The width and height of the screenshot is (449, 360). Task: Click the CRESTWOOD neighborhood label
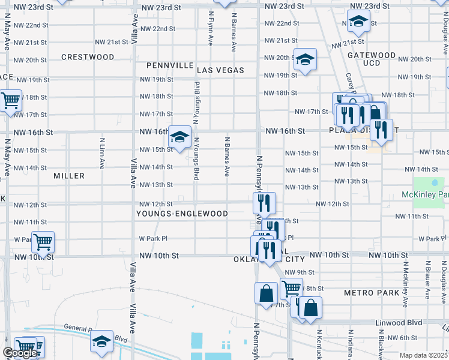coord(88,57)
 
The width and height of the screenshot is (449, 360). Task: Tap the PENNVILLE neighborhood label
coord(170,65)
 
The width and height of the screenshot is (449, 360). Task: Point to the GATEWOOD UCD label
coord(372,59)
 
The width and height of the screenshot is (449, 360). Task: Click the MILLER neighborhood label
coord(69,176)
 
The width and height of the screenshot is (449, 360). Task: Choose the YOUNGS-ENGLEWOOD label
coord(182,214)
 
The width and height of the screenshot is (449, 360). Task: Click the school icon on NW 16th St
coord(179,136)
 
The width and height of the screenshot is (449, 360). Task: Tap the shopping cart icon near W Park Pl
coord(43,242)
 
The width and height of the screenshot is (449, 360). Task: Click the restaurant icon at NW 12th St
coord(264,202)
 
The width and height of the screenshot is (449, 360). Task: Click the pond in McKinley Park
coord(434,184)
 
